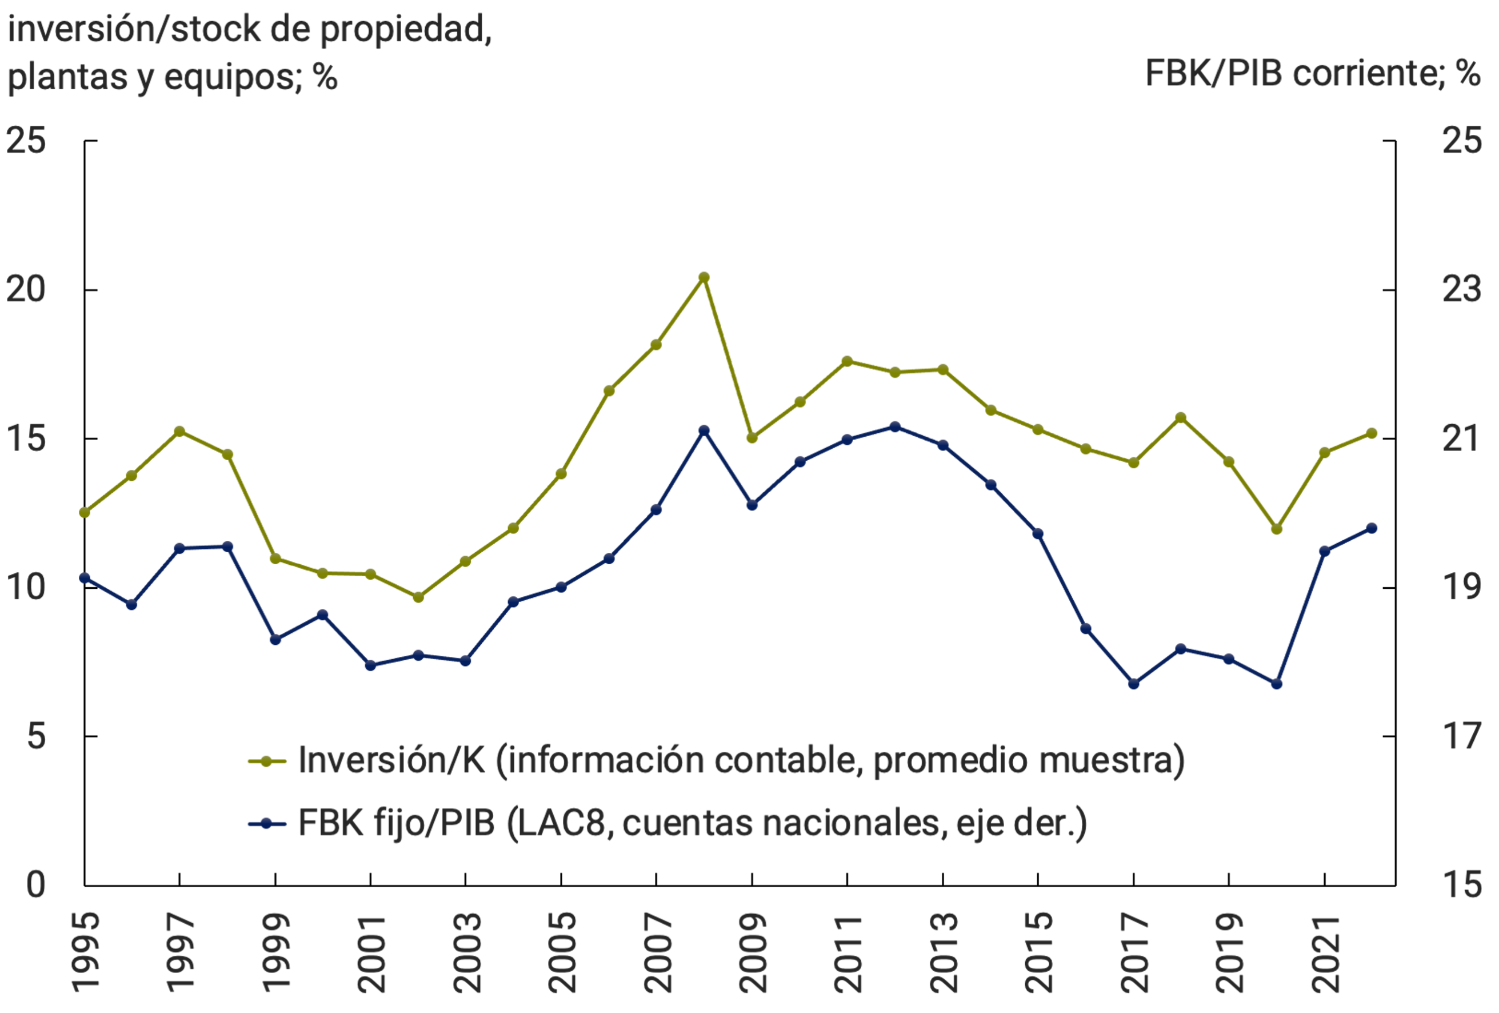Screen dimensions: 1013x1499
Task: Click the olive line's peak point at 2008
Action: click(x=703, y=277)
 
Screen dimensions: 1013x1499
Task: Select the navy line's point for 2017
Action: click(x=1133, y=683)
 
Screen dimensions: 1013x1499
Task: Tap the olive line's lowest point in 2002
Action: click(x=418, y=597)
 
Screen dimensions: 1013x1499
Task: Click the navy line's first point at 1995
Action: click(x=85, y=577)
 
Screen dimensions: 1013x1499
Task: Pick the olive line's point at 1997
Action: click(x=180, y=431)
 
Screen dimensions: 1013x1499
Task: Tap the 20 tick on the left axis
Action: click(x=26, y=290)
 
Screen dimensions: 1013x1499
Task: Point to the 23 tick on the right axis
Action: click(x=1462, y=290)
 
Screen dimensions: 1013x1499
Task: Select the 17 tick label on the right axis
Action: click(x=1462, y=736)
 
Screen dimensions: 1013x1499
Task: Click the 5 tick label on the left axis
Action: click(x=36, y=736)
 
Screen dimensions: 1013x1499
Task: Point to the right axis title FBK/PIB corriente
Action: click(x=1312, y=73)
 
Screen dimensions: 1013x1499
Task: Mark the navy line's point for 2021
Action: click(x=1325, y=551)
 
